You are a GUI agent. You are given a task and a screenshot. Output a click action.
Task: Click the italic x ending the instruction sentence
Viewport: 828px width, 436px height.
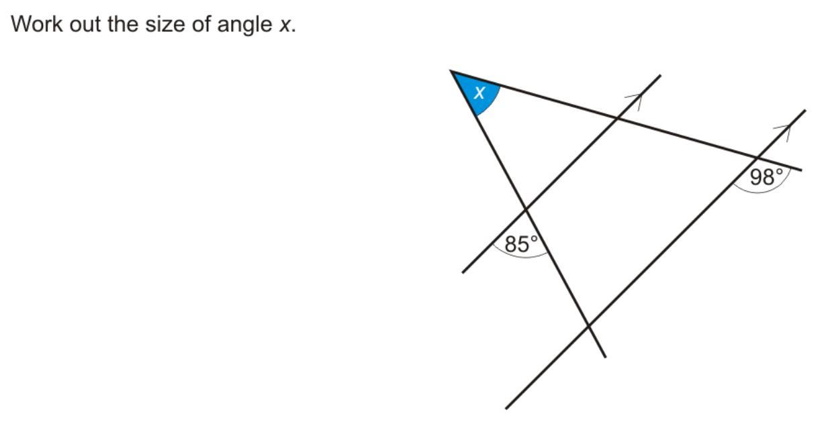(285, 25)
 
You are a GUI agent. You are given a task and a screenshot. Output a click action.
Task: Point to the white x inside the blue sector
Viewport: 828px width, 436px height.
(479, 93)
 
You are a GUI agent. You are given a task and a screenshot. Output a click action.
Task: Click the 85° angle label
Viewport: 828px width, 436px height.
(522, 244)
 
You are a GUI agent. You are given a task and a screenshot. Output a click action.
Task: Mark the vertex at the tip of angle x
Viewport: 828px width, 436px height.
(452, 71)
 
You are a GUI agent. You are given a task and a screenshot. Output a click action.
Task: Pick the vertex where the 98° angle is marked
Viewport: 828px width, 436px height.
(757, 158)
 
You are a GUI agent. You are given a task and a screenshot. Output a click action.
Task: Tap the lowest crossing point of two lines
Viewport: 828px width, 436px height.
(588, 326)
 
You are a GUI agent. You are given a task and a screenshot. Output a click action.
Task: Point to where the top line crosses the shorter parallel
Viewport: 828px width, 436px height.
(616, 118)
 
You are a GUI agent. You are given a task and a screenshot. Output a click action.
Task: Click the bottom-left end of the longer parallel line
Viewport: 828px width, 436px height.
(506, 408)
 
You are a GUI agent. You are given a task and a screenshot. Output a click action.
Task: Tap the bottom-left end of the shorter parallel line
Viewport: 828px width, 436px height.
(463, 272)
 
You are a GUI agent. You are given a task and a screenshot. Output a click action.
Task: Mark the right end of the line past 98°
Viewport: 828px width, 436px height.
(800, 170)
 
